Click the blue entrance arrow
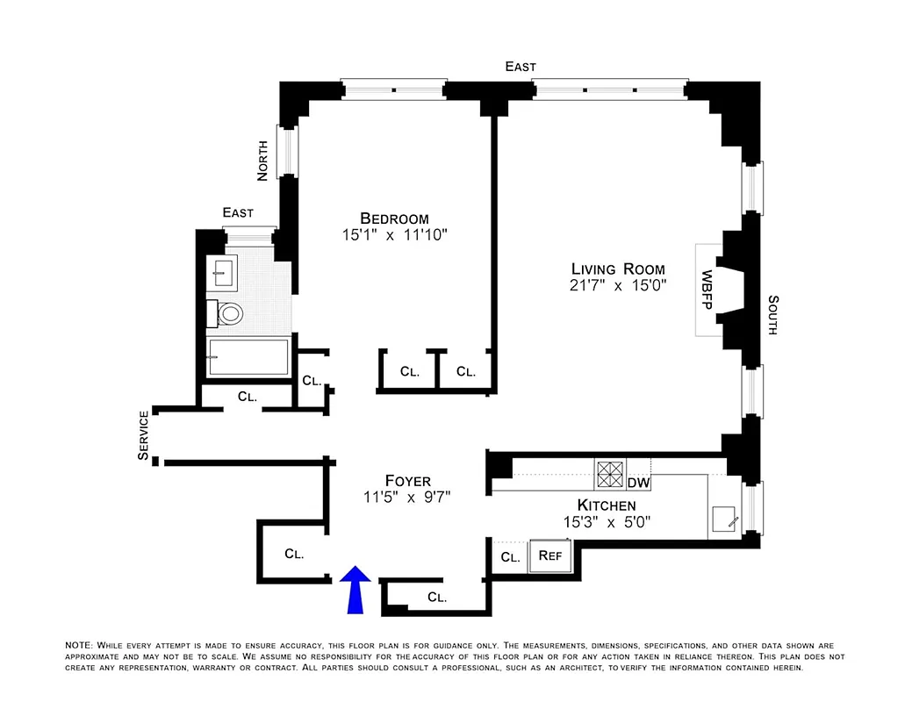coord(355,589)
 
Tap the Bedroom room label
coord(394,218)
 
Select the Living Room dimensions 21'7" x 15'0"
coord(618,285)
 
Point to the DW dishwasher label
coord(638,483)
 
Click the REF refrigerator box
coord(549,555)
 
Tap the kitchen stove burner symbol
coord(609,474)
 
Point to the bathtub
coord(248,357)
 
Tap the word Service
coord(144,435)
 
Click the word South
coord(772,315)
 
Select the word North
coord(262,162)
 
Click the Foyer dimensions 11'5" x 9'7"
coord(408,497)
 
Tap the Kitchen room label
coord(606,505)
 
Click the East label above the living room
coord(520,67)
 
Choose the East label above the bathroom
coord(238,212)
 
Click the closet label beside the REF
coord(509,557)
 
